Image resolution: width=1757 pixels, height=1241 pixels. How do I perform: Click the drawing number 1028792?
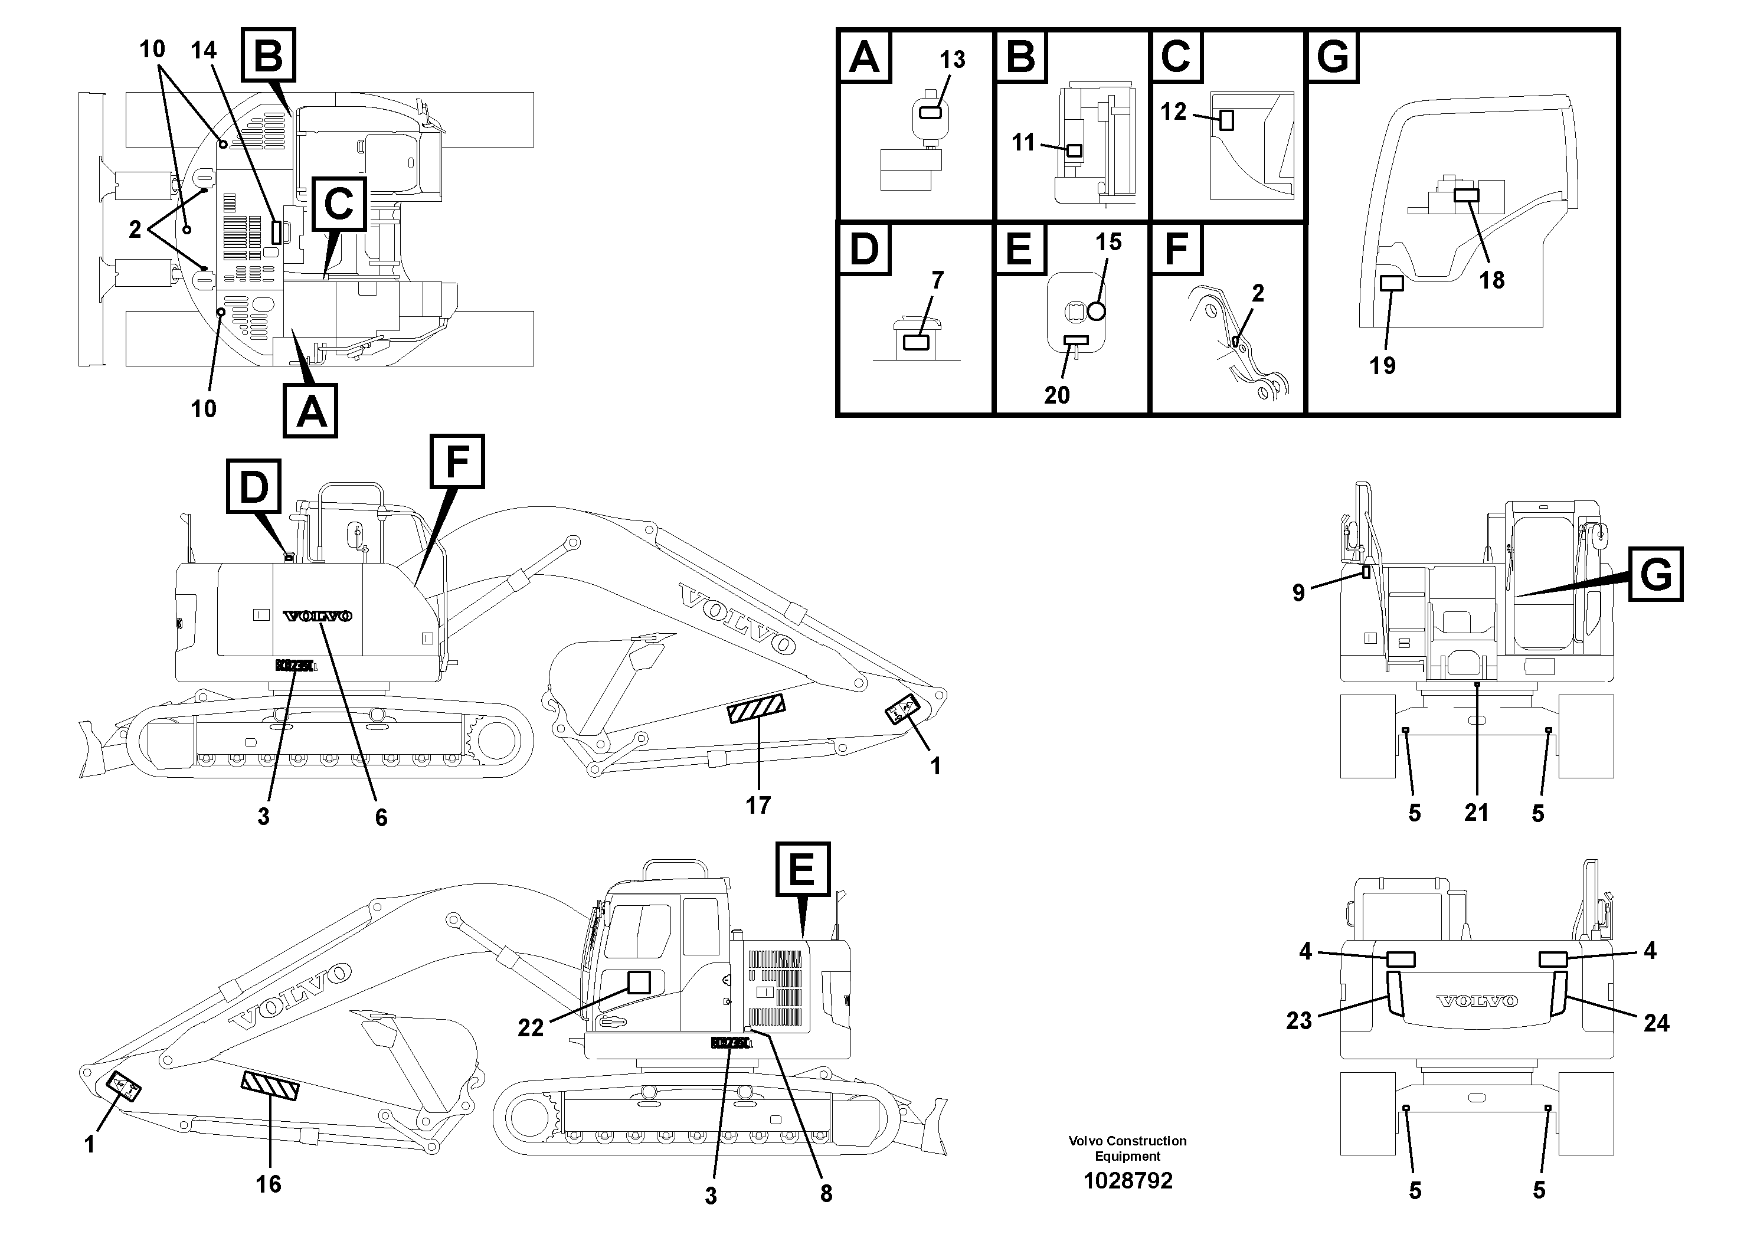(1127, 1181)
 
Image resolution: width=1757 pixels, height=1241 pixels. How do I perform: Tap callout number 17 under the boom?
(758, 805)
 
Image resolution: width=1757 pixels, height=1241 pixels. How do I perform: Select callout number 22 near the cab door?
(531, 1027)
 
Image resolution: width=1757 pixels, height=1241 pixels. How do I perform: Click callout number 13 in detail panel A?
(952, 60)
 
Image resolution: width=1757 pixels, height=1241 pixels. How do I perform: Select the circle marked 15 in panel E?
(1097, 310)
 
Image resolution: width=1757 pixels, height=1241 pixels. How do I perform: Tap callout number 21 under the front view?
(1476, 813)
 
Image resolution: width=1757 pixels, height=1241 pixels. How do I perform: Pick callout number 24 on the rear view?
(1656, 1022)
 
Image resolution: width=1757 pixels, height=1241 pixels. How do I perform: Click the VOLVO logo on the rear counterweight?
(1477, 1001)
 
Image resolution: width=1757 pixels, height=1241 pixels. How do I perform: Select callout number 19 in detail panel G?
(1382, 366)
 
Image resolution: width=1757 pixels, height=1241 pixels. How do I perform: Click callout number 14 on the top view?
(204, 51)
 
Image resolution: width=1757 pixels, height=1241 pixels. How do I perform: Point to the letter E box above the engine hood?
(803, 869)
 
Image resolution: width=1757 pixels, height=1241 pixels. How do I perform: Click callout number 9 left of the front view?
(1298, 592)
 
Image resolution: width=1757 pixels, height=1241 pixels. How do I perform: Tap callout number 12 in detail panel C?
(1173, 112)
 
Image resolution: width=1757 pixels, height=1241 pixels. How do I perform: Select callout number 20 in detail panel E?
(1057, 395)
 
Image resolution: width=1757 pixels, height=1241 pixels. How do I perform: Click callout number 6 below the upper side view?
(381, 817)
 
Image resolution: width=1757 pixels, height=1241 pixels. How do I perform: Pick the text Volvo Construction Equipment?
(1127, 1148)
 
